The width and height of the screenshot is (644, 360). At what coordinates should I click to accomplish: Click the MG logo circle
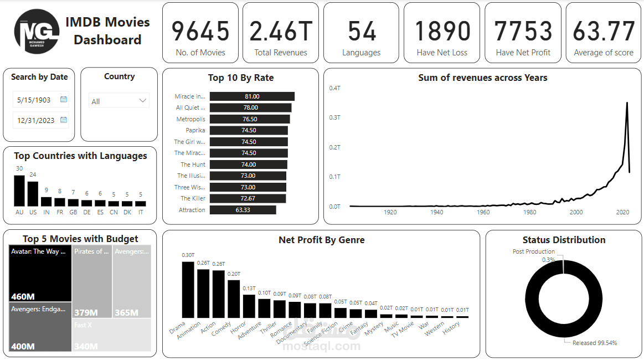(37, 32)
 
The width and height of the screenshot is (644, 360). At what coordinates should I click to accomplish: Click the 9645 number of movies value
(200, 31)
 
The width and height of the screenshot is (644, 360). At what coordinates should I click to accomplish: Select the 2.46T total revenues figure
(280, 31)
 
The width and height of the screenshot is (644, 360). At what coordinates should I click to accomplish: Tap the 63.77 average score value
(603, 31)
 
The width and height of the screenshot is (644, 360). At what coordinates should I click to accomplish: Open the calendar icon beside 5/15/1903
(64, 100)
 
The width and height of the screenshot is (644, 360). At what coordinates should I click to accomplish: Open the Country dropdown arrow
(143, 101)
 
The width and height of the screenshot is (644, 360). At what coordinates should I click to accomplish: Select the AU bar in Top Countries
(19, 191)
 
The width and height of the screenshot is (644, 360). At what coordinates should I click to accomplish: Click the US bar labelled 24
(33, 194)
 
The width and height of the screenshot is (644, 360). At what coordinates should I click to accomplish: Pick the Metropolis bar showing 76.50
(250, 119)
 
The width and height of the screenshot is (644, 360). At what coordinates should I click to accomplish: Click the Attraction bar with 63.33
(243, 210)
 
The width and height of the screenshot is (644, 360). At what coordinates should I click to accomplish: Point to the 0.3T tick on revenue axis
(334, 117)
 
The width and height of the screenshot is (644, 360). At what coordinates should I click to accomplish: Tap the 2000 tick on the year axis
(576, 212)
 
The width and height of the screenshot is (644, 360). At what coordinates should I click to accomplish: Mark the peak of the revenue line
(627, 103)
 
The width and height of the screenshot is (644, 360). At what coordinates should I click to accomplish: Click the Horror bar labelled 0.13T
(249, 306)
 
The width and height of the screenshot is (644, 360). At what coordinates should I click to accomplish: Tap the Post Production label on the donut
(533, 251)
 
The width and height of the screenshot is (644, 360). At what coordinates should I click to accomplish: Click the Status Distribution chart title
(564, 240)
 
